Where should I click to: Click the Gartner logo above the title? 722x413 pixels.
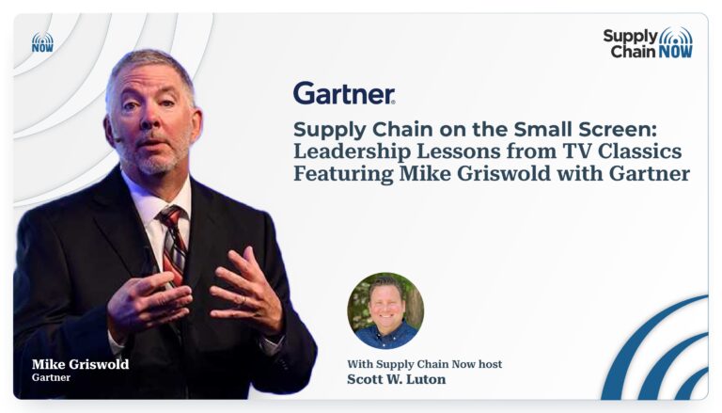344,93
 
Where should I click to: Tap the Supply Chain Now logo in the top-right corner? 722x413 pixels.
648,43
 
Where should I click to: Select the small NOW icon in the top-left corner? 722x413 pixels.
42,42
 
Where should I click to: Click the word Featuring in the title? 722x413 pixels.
343,175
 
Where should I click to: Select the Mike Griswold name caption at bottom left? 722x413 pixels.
81,364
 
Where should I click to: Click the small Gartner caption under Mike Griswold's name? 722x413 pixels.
51,377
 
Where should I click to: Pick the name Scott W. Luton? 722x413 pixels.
397,379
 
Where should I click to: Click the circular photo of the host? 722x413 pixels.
385,310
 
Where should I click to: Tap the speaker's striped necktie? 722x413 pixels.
172,245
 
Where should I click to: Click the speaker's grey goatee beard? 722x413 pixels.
154,157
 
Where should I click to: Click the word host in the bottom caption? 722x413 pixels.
490,364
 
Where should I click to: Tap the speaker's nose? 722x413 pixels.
149,119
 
